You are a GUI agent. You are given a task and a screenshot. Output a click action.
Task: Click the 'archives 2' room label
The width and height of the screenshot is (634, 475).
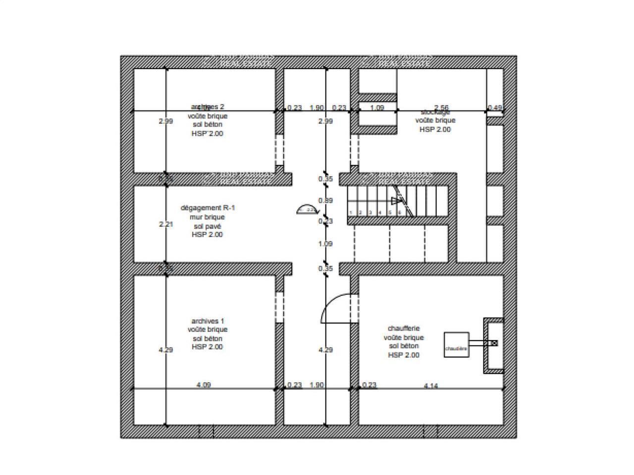click(x=208, y=106)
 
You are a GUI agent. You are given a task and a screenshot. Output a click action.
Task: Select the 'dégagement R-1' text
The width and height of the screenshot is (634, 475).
click(x=208, y=208)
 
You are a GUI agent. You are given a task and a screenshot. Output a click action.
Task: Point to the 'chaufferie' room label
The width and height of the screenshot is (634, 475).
click(x=404, y=328)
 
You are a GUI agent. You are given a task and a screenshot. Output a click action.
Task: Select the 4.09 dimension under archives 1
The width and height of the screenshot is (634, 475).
click(x=204, y=385)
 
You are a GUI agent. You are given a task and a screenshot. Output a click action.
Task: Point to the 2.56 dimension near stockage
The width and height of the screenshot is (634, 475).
click(x=441, y=107)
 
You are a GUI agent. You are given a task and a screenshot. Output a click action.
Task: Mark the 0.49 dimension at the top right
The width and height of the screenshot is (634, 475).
click(x=494, y=107)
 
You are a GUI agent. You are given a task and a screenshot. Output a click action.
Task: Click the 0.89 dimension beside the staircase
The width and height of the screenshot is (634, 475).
click(x=325, y=200)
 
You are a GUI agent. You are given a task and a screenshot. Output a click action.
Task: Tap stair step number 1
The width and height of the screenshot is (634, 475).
click(x=351, y=213)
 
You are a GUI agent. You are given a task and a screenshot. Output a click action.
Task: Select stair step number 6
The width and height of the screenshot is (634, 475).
click(x=399, y=213)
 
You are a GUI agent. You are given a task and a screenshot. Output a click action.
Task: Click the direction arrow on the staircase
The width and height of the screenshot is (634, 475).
click(x=395, y=200)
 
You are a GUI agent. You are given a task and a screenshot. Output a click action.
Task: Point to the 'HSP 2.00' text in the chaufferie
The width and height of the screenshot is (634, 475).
click(x=404, y=355)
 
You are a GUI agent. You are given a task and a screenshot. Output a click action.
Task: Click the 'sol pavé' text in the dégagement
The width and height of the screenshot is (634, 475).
click(x=208, y=226)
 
